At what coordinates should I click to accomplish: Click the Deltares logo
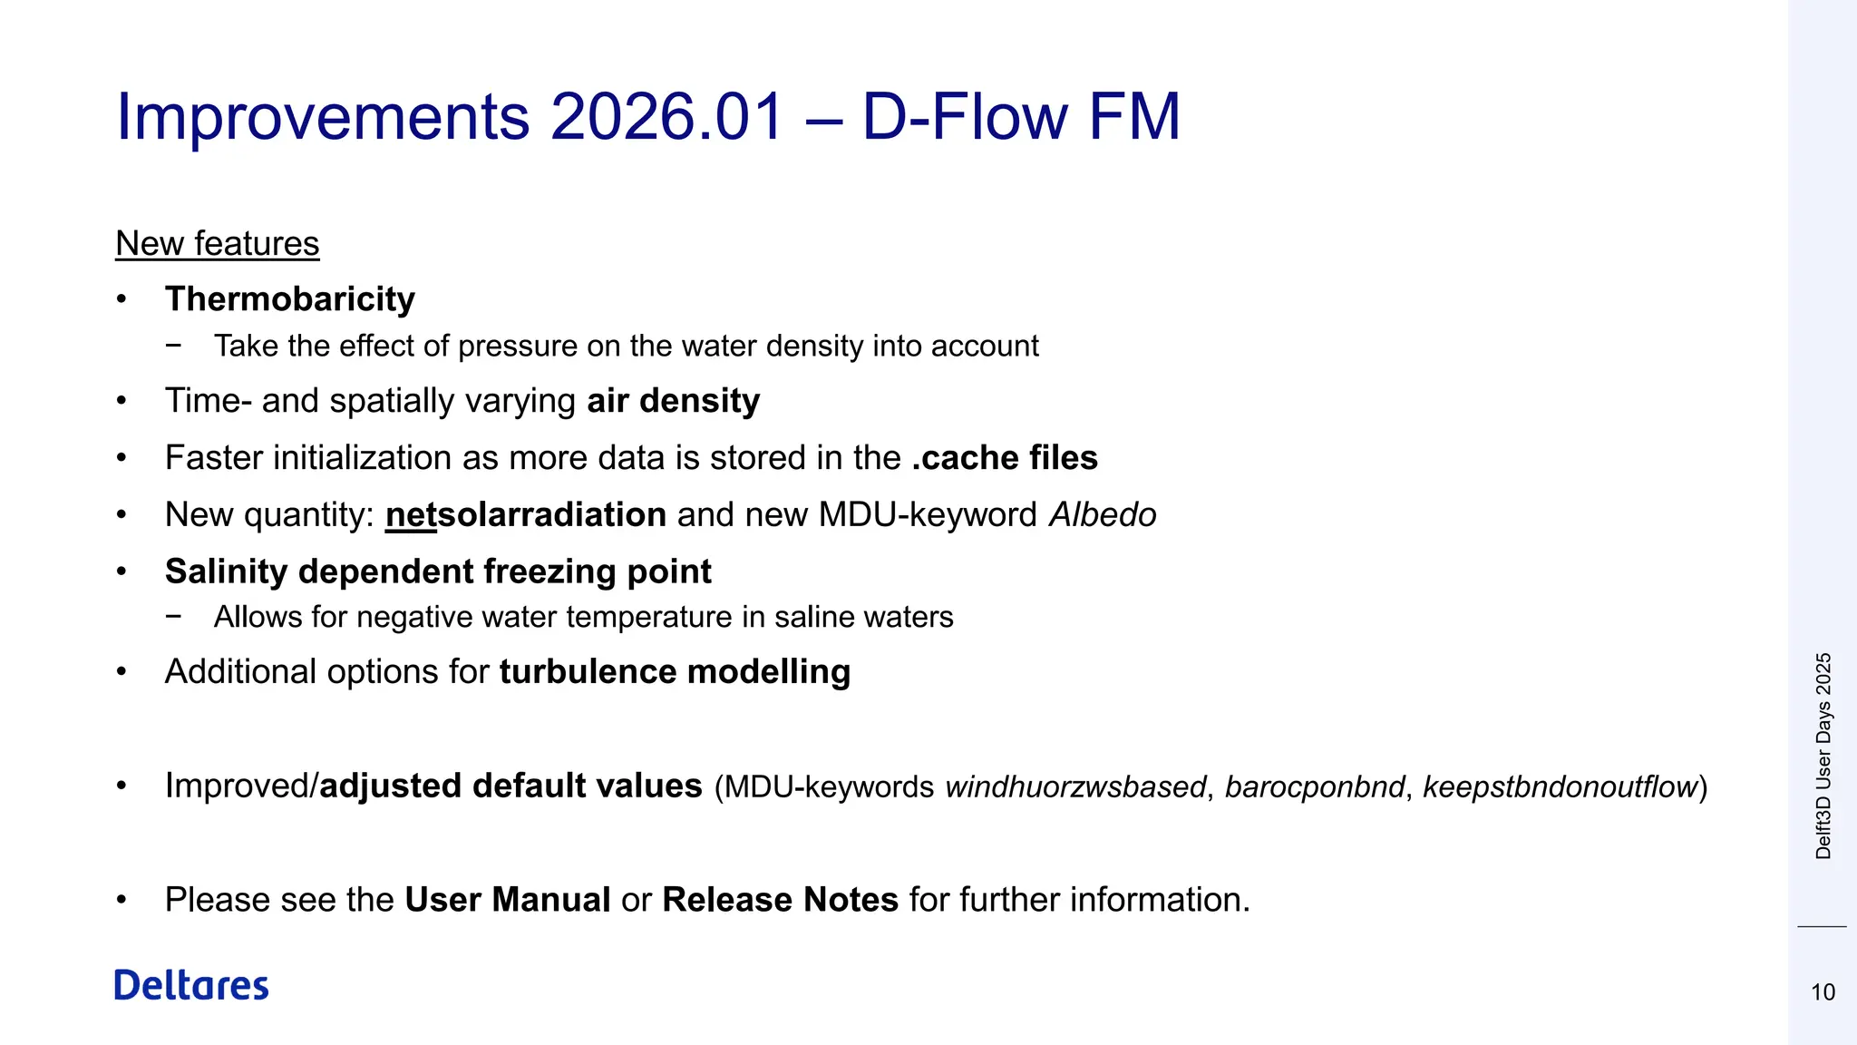[x=191, y=985]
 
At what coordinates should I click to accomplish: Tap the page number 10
[x=1823, y=992]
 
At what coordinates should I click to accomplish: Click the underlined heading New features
[x=218, y=243]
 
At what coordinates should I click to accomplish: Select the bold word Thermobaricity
[x=290, y=299]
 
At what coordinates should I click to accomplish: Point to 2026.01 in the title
[x=666, y=117]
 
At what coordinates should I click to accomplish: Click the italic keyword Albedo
[x=1103, y=515]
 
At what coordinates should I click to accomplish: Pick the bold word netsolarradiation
[x=526, y=515]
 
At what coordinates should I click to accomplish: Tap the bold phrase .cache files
[x=1005, y=458]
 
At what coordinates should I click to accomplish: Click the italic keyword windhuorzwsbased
[x=1075, y=786]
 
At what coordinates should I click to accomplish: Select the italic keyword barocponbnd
[x=1315, y=786]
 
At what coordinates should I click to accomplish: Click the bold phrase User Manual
[x=508, y=900]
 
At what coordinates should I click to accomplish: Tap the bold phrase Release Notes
[x=780, y=900]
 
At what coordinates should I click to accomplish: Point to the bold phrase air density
[x=674, y=401]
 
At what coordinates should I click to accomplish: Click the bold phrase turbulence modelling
[x=675, y=672]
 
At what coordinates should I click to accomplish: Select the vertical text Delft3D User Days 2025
[x=1823, y=756]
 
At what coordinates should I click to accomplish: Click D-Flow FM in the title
[x=1021, y=117]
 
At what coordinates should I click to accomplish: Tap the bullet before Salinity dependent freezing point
[x=122, y=572]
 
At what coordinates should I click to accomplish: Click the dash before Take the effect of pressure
[x=173, y=346]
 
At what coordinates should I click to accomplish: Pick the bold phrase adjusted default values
[x=511, y=786]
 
